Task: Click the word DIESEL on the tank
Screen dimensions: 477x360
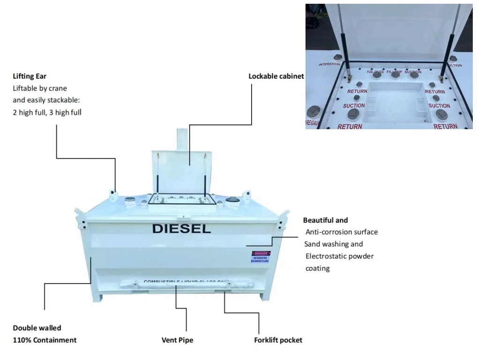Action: tap(181, 229)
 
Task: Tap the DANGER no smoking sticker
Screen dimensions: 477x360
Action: tap(260, 256)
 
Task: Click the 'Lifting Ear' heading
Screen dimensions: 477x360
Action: tap(30, 76)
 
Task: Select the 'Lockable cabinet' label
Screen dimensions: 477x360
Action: tap(276, 76)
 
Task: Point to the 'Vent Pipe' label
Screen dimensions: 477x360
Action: tap(177, 340)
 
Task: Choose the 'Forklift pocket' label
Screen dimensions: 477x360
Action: tap(278, 340)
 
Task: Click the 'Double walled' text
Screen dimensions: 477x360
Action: tap(37, 328)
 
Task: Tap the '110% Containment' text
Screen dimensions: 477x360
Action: tap(45, 340)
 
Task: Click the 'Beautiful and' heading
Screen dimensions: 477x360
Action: tap(325, 220)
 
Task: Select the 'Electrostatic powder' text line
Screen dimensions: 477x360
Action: tap(339, 256)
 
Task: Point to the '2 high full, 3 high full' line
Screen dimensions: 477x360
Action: tap(47, 112)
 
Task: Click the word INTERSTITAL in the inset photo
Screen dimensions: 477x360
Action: tap(330, 64)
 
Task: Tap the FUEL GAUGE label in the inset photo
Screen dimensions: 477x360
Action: tap(375, 72)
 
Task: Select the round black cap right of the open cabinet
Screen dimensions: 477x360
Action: tap(231, 201)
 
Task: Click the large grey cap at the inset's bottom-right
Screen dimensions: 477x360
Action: tap(442, 114)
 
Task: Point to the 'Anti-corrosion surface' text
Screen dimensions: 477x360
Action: tap(342, 232)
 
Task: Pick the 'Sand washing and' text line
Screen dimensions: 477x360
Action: tap(334, 244)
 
